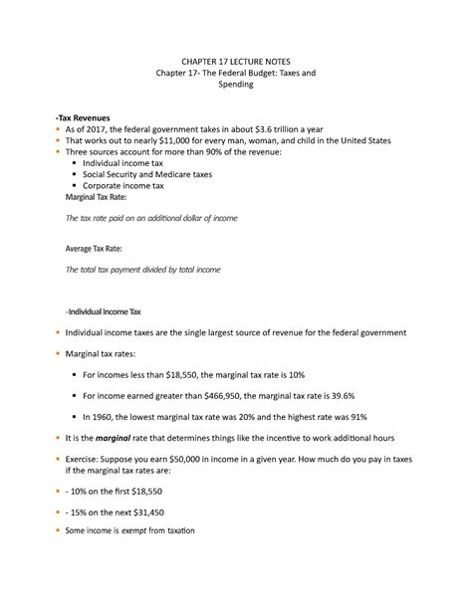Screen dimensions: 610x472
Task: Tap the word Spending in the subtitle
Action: [236, 86]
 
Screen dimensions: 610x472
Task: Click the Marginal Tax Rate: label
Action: [103, 198]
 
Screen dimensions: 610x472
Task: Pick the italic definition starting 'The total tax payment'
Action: [142, 270]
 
